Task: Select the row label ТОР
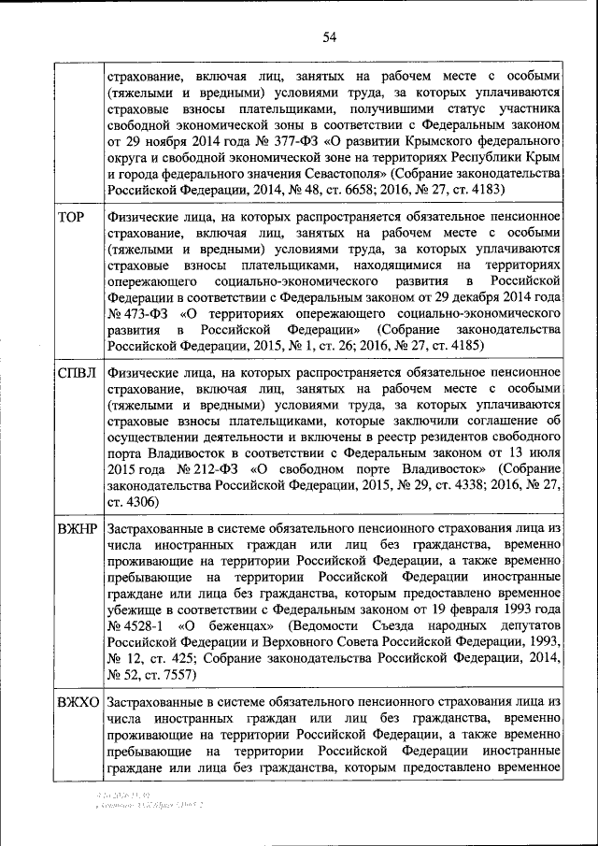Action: tap(72, 218)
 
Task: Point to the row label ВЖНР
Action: tap(78, 529)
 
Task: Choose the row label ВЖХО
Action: tap(78, 702)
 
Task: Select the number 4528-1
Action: tap(144, 625)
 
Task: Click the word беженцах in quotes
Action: tap(235, 625)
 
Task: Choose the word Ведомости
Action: tap(334, 625)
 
